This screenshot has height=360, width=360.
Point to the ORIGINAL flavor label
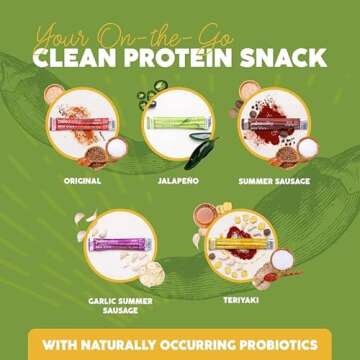click(83, 181)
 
